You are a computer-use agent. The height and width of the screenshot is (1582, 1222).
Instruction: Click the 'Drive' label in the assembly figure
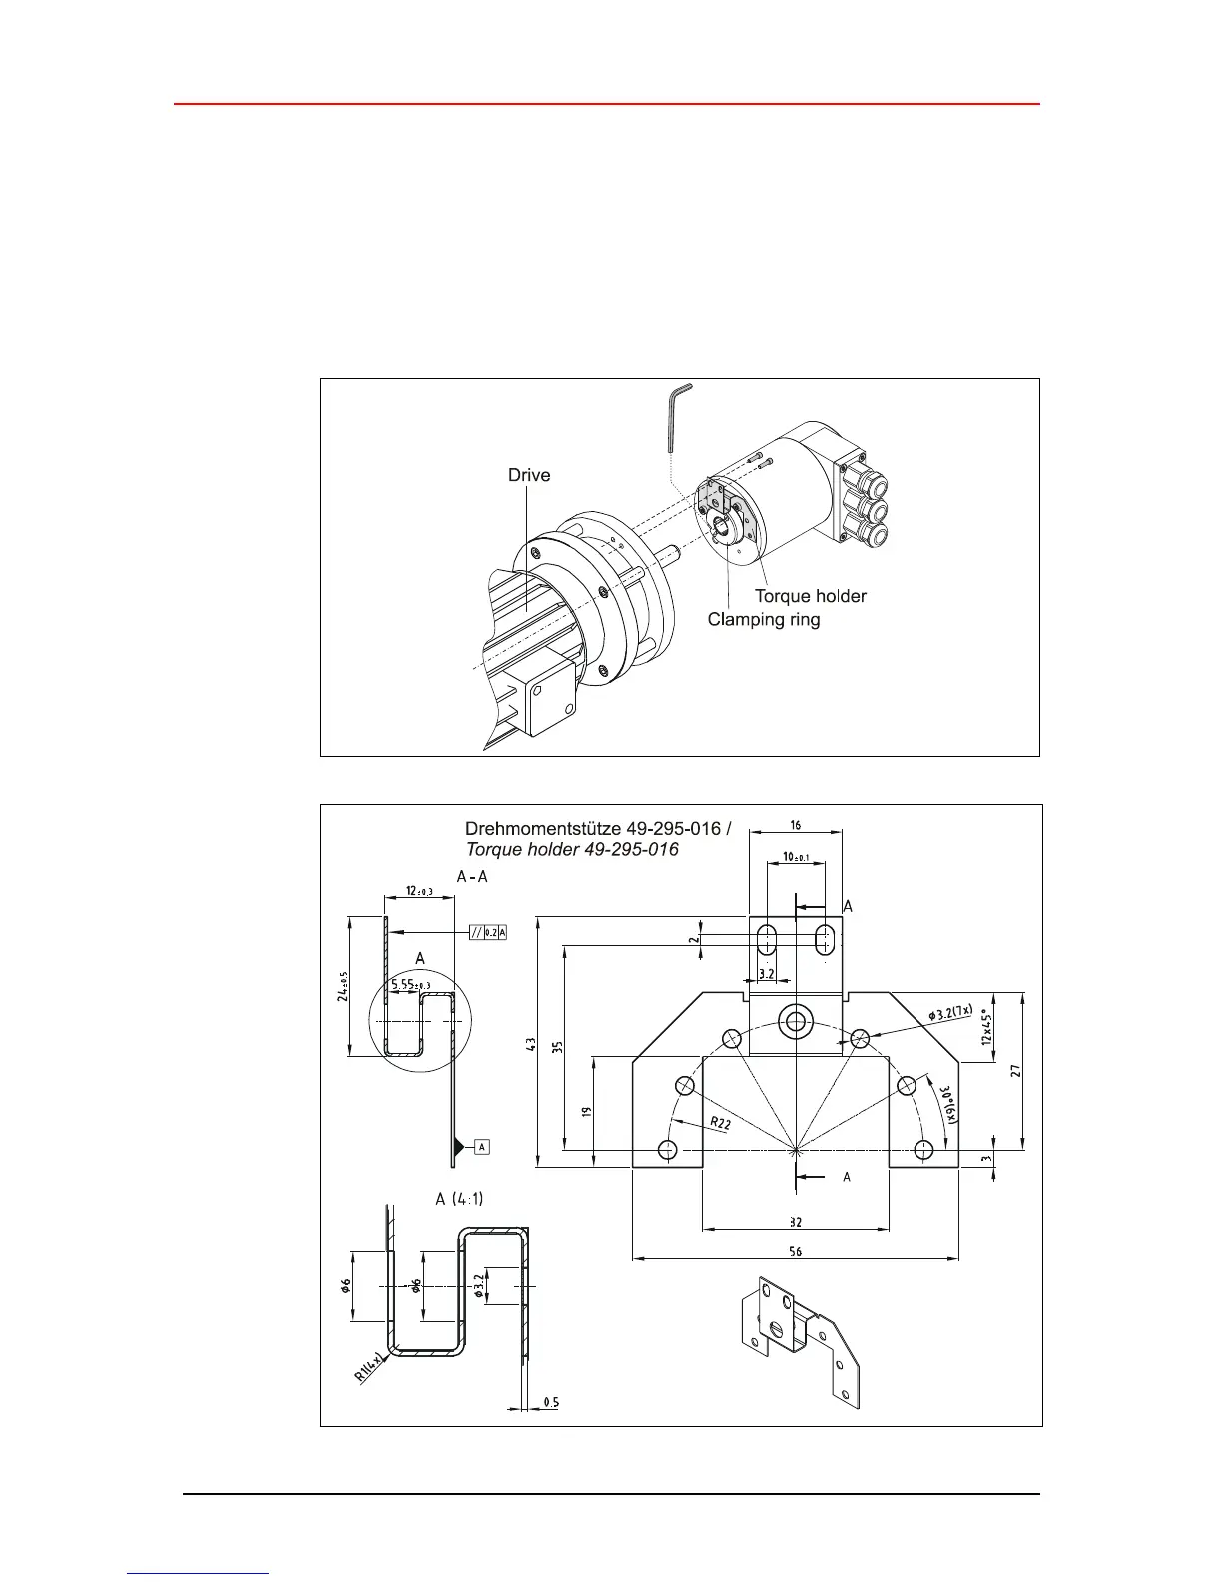click(x=529, y=475)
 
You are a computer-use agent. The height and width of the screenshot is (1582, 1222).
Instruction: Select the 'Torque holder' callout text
click(x=810, y=596)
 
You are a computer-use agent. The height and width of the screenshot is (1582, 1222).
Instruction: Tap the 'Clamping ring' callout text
click(x=764, y=619)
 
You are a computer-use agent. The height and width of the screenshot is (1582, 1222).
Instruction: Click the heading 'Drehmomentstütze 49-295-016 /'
click(x=598, y=828)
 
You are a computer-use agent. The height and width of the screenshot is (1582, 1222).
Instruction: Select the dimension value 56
click(x=795, y=1251)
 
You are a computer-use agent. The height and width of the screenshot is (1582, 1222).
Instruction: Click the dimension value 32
click(x=795, y=1222)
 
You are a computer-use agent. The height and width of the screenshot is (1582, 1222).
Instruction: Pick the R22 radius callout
click(x=720, y=1123)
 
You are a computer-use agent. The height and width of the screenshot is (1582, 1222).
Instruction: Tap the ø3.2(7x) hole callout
click(x=949, y=1013)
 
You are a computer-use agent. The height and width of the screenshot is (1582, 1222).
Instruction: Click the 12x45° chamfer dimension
click(x=987, y=1027)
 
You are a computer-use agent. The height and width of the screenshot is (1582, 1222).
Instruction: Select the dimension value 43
click(x=531, y=1043)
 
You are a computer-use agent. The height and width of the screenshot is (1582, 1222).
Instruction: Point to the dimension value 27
click(x=1015, y=1070)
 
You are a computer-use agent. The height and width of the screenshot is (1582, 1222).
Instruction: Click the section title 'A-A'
click(x=471, y=876)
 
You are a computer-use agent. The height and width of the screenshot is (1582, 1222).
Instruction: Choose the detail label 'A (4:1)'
click(x=459, y=1198)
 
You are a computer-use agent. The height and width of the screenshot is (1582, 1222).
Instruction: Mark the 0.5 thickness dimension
click(x=551, y=1402)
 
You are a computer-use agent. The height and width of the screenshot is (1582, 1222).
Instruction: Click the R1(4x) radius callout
click(x=369, y=1366)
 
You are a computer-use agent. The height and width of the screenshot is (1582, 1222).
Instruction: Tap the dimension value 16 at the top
click(x=796, y=825)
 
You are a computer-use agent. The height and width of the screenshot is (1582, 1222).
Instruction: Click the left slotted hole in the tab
click(x=767, y=939)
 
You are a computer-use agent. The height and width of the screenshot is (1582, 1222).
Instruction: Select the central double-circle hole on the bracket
click(x=796, y=1021)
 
